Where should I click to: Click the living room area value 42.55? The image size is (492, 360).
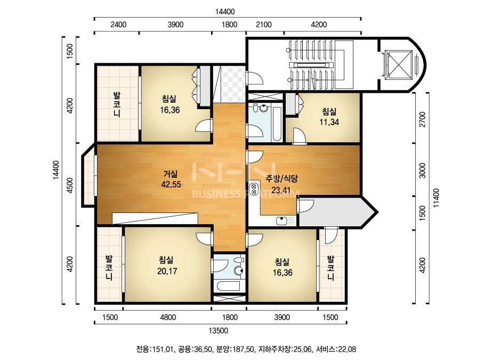coord(171,184)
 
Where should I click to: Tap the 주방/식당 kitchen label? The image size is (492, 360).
coord(281,178)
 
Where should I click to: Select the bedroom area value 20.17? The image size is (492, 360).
coord(167,271)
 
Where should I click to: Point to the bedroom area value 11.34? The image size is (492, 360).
coord(329,122)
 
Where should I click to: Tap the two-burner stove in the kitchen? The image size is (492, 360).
coord(254,189)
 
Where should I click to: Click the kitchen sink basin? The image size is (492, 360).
coord(282,221)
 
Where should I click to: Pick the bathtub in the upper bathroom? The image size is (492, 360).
coord(277,124)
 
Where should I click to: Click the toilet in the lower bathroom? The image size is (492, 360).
coord(239,268)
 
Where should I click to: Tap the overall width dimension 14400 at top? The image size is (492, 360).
coord(224,12)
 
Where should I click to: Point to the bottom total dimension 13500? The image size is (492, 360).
coord(219,331)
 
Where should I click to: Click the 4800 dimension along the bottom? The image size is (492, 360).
coord(168,317)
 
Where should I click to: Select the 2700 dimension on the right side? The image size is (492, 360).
coord(423,119)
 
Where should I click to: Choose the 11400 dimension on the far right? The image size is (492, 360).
coord(437,198)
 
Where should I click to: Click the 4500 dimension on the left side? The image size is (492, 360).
coord(70,185)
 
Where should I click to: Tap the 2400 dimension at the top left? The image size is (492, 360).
coord(119,24)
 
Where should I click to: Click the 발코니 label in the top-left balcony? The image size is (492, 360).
coord(117,104)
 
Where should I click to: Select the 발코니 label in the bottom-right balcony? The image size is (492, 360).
coord(330,268)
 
